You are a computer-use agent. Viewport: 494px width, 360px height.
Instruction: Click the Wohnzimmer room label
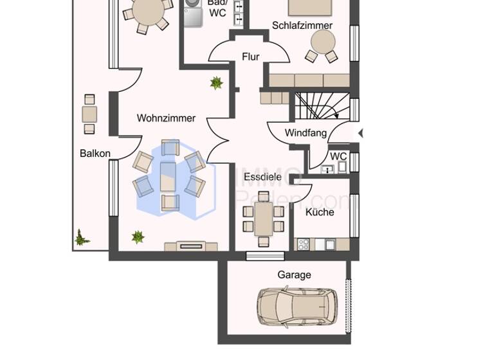pyautogui.click(x=166, y=118)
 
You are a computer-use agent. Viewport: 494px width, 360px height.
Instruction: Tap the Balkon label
pyautogui.click(x=95, y=154)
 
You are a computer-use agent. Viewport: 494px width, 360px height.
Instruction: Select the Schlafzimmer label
pyautogui.click(x=302, y=26)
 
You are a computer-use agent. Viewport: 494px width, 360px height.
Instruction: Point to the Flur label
pyautogui.click(x=251, y=57)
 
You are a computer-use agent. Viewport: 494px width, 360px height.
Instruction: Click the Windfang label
pyautogui.click(x=306, y=134)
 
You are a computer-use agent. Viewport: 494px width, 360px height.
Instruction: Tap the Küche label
pyautogui.click(x=320, y=212)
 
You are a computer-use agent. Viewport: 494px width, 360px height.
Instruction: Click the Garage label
pyautogui.click(x=294, y=274)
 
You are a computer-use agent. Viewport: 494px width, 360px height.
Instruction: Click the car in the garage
pyautogui.click(x=293, y=305)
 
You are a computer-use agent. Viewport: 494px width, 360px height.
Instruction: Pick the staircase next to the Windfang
pyautogui.click(x=322, y=106)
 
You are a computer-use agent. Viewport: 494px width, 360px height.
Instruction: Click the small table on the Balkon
pyautogui.click(x=89, y=115)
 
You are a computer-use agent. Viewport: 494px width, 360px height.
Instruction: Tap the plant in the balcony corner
pyautogui.click(x=80, y=238)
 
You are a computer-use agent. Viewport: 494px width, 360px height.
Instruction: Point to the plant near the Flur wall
pyautogui.click(x=216, y=82)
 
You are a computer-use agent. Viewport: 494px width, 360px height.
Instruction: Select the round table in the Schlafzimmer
pyautogui.click(x=321, y=42)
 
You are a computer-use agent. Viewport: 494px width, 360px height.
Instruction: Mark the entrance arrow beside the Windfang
pyautogui.click(x=361, y=133)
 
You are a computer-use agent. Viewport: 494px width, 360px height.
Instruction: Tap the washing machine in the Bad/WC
pyautogui.click(x=193, y=13)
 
